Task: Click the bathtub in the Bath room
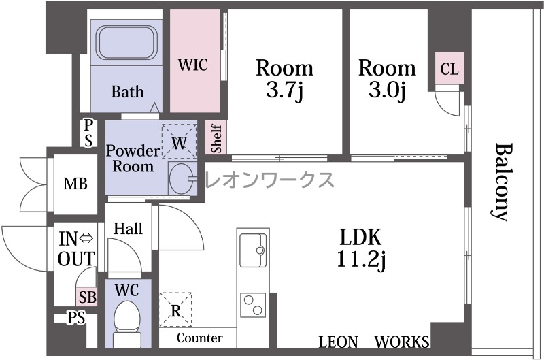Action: point(126,43)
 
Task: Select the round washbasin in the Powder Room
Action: point(182,178)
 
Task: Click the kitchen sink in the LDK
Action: point(253,250)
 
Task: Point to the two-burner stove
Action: point(253,304)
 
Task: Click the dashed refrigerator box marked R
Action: point(175,310)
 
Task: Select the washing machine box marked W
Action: point(179,142)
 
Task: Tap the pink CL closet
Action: point(449,68)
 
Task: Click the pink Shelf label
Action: point(216,138)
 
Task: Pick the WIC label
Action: point(193,65)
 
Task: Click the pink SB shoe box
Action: point(87,297)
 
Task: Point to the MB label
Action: point(75,183)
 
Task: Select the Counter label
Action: point(199,338)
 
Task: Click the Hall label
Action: point(129,229)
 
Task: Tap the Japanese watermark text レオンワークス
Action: point(270,180)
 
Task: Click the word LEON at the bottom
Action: point(338,342)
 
